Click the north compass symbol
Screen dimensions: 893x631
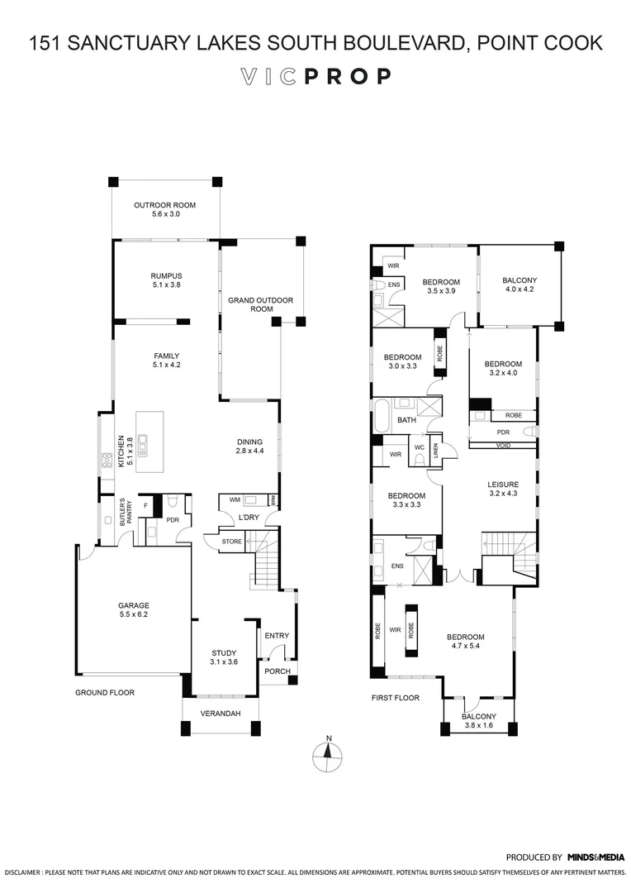[x=329, y=752]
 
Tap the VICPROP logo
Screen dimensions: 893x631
[x=315, y=77]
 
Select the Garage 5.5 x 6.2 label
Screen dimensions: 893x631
[x=133, y=610]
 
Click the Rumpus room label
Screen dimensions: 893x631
[x=166, y=280]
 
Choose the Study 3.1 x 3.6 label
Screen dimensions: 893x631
[x=223, y=657]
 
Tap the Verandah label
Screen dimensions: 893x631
[x=221, y=713]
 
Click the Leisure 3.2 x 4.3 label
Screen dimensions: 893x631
[x=502, y=489]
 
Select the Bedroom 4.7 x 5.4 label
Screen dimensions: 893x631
[x=465, y=642]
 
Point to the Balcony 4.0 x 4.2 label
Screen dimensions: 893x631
[x=520, y=285]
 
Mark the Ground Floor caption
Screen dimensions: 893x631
[x=105, y=693]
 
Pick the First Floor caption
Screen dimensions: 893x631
[x=395, y=698]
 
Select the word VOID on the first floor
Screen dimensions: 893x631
[x=502, y=444]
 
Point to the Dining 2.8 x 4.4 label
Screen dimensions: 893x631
[x=249, y=446]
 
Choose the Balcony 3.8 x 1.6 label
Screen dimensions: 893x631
[x=479, y=721]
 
